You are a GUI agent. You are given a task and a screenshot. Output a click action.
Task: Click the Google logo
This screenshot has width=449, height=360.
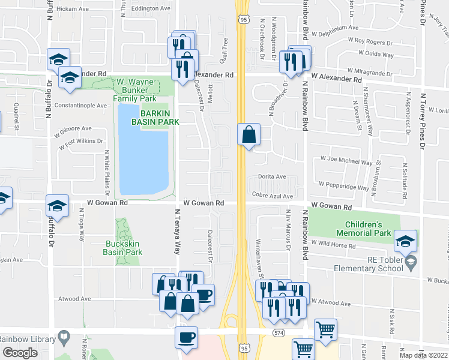point(20,353)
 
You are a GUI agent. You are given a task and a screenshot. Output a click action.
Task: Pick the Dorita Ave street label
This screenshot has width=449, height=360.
point(272,176)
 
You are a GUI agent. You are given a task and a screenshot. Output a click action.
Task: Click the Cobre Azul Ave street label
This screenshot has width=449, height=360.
point(273,196)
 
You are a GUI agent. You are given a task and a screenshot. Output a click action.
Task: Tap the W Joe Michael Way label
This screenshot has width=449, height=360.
point(346,162)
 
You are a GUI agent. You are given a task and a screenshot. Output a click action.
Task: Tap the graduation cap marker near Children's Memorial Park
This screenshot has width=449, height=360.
point(405,242)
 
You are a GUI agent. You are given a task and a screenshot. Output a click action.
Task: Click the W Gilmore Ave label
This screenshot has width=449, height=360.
point(72,128)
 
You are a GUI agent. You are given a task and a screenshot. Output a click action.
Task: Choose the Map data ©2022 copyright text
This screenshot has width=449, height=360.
point(424,355)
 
